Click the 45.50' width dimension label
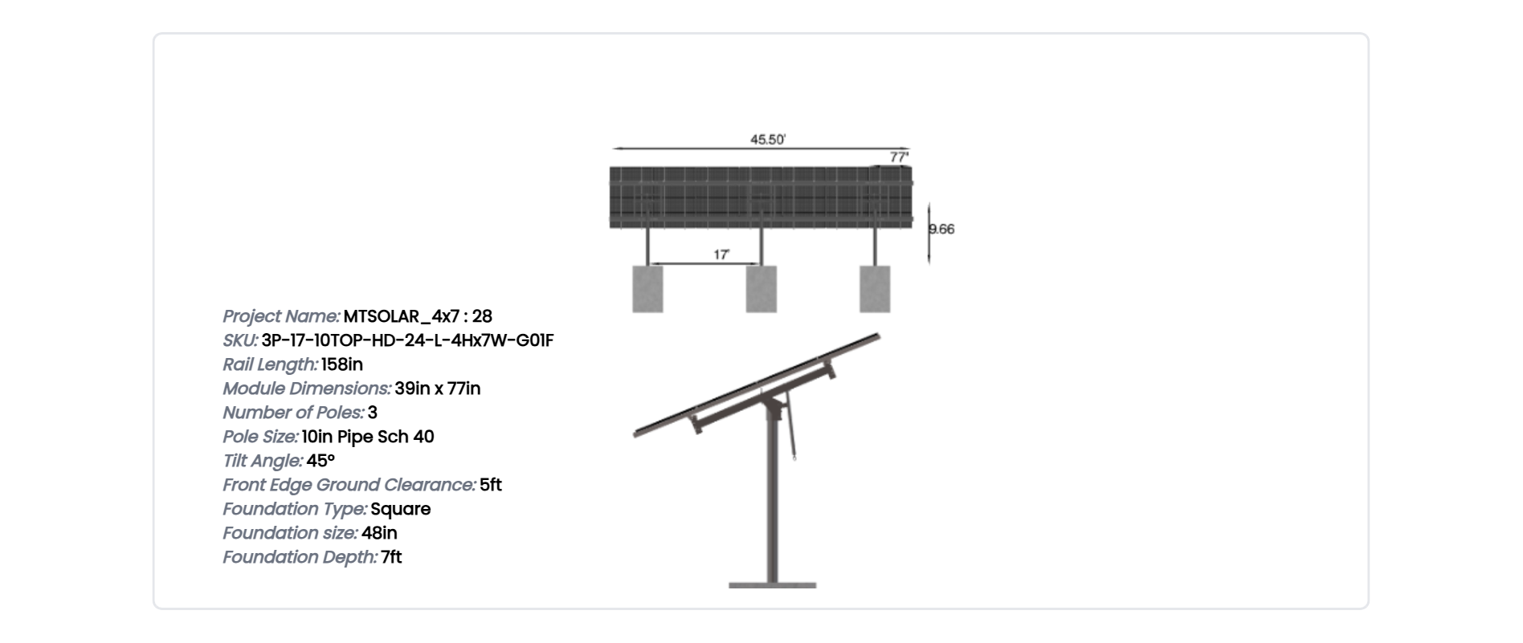tap(767, 140)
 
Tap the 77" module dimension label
tap(899, 157)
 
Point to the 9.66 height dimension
tap(942, 230)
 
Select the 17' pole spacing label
tap(721, 254)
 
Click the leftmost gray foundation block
tap(647, 289)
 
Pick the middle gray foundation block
tap(761, 289)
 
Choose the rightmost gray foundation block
tap(875, 289)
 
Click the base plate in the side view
tap(772, 585)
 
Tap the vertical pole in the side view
tap(772, 498)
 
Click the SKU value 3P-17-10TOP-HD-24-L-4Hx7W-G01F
tap(407, 340)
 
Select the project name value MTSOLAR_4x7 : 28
tap(418, 316)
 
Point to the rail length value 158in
tap(342, 364)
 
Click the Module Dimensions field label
tap(307, 389)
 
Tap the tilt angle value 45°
tap(321, 461)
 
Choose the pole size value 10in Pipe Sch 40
tap(368, 437)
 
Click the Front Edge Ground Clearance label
tap(349, 485)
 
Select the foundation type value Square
tap(401, 509)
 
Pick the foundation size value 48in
tap(379, 533)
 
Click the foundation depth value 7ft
tap(391, 557)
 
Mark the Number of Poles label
tap(293, 413)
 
